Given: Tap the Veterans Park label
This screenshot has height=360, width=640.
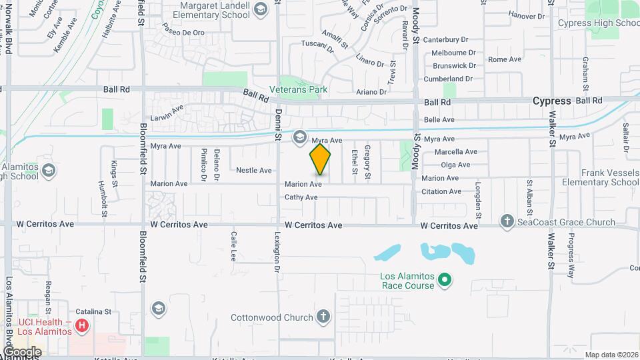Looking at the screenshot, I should point(298,89).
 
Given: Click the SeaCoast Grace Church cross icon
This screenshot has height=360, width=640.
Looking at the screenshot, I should point(507,222).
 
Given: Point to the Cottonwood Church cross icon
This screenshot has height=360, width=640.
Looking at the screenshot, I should point(323,317).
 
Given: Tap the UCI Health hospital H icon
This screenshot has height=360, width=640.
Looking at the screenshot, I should point(82,326).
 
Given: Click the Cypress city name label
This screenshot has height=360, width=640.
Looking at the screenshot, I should point(551,101).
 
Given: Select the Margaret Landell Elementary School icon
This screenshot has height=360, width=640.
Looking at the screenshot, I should point(260,8).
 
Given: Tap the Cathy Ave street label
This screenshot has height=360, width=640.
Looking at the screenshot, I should point(301,197).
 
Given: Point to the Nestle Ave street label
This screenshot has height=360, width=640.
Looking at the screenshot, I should point(254,171).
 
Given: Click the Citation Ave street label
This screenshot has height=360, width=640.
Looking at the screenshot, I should point(441,192).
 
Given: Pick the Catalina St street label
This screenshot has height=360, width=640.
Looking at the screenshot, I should point(93,311).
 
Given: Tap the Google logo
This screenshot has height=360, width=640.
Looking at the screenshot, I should point(21,351).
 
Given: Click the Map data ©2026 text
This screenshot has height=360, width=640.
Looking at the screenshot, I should point(611,355).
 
